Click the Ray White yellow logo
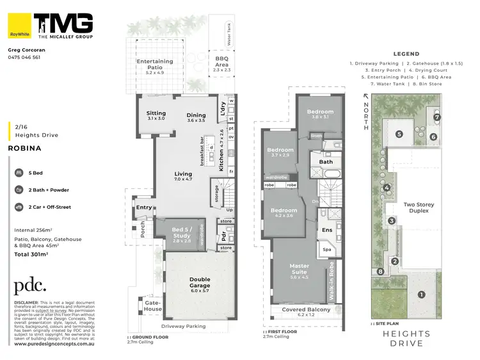[x=19, y=26]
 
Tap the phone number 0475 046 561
[x=24, y=57]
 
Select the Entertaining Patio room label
[x=155, y=65]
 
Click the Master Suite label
[x=299, y=270]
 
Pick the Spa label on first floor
[x=326, y=249]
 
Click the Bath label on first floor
[x=326, y=162]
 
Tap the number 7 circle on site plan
[x=437, y=117]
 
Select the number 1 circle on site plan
[x=420, y=295]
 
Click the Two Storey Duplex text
[x=418, y=207]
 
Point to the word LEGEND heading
[x=406, y=54]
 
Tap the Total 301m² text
[x=31, y=254]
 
